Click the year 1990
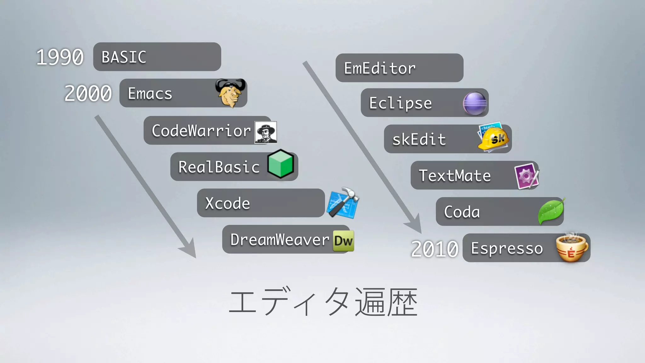click(x=60, y=57)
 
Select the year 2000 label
click(x=88, y=94)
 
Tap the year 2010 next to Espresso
click(x=435, y=249)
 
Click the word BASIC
click(x=124, y=57)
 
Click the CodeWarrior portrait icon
click(x=266, y=132)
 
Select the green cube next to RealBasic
click(x=280, y=164)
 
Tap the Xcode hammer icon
click(x=343, y=203)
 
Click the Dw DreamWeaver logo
click(x=343, y=241)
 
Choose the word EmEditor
click(x=380, y=68)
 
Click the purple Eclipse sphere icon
click(x=475, y=103)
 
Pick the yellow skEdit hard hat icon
click(x=494, y=138)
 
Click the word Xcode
click(x=227, y=204)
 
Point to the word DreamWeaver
click(x=280, y=240)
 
